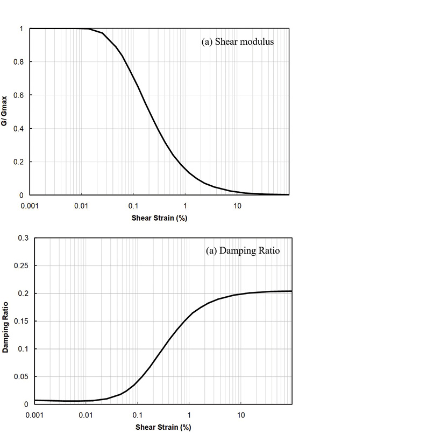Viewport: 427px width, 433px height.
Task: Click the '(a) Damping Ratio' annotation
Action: pos(243,250)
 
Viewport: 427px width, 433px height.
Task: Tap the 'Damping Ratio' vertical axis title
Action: pos(5,321)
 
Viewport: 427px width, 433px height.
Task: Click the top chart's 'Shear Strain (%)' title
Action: pos(159,218)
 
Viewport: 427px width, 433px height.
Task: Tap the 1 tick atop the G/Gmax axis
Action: pos(22,29)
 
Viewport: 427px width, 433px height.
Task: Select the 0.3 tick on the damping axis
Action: pos(22,238)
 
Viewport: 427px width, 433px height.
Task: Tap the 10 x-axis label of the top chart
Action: pos(237,205)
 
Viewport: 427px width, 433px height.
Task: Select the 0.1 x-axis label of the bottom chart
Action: pos(137,415)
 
